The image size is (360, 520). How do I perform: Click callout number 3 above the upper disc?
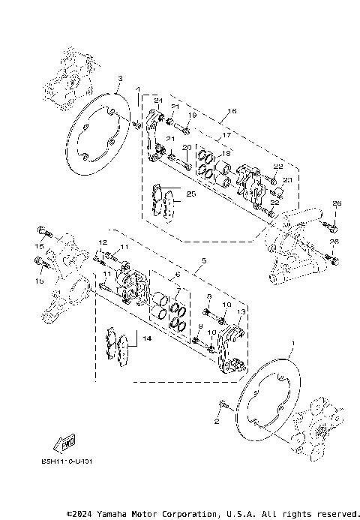point(119,78)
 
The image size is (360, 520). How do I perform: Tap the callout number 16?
point(232,111)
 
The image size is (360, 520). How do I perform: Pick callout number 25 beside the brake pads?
point(191,194)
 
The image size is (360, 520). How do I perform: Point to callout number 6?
point(177,275)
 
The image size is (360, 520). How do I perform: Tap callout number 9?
point(200,326)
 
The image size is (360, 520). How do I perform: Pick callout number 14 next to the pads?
point(147,339)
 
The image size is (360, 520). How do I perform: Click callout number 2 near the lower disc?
point(216,422)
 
